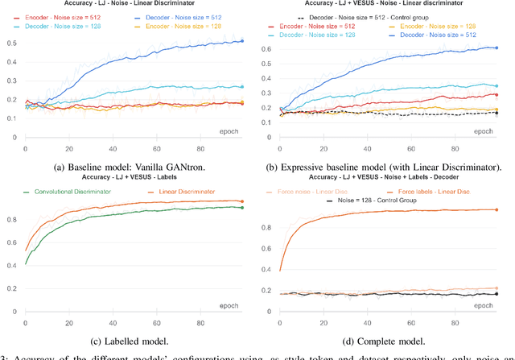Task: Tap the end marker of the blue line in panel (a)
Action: [242, 41]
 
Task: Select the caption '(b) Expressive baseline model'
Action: [386, 167]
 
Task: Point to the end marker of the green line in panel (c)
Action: [242, 208]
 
